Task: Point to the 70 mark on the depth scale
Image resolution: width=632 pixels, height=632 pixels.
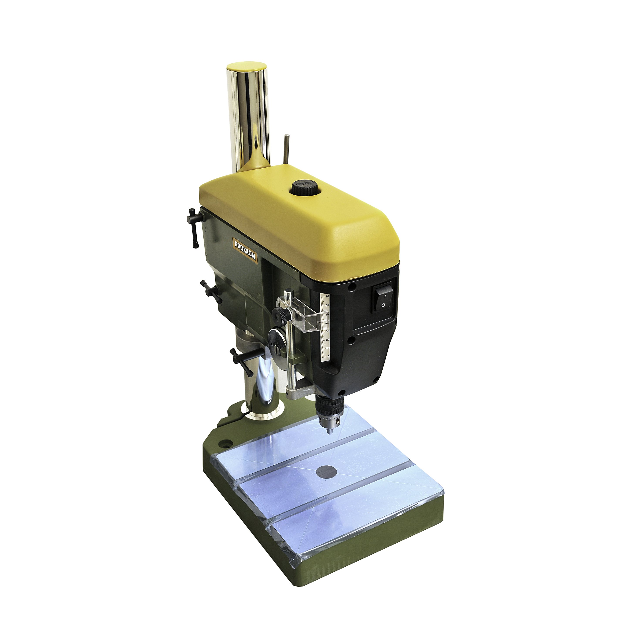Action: tap(327, 296)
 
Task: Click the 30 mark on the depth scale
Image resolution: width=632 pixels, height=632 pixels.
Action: tap(328, 331)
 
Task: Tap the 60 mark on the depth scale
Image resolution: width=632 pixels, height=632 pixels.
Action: tap(327, 305)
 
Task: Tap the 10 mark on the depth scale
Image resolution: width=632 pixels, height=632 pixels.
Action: tap(328, 348)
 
